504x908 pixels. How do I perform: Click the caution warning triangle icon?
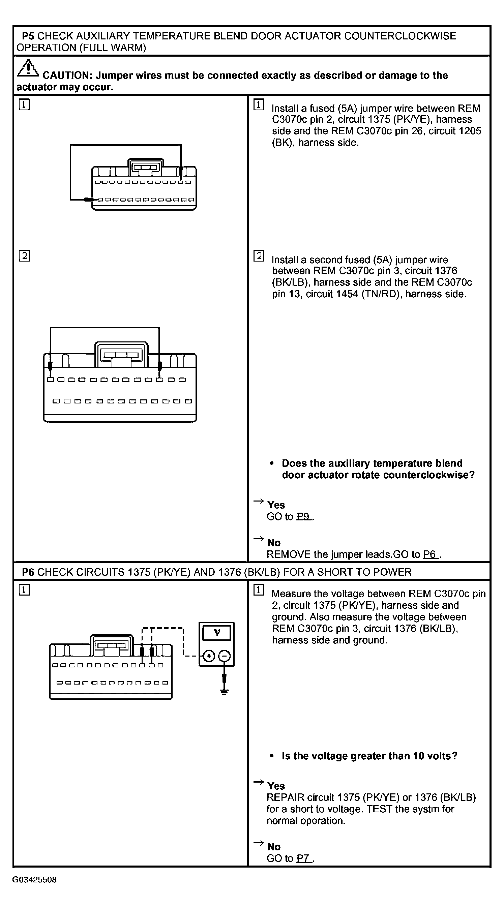coord(28,68)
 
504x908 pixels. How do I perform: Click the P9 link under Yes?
coord(303,516)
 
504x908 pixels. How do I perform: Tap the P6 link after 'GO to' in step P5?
coord(430,554)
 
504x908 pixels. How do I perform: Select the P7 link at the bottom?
coord(303,858)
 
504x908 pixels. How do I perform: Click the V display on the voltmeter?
coord(217,633)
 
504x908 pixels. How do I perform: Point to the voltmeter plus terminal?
coord(209,656)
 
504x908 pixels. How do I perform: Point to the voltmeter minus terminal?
coord(224,656)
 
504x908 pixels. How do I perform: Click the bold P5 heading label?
coord(28,36)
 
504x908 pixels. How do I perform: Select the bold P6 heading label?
coord(28,572)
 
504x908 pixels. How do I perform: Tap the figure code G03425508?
coord(34,879)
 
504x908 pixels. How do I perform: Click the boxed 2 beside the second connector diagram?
coord(24,255)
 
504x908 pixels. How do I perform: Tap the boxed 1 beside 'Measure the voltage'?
coord(259,590)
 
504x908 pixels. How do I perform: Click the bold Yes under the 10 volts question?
coord(276,786)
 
